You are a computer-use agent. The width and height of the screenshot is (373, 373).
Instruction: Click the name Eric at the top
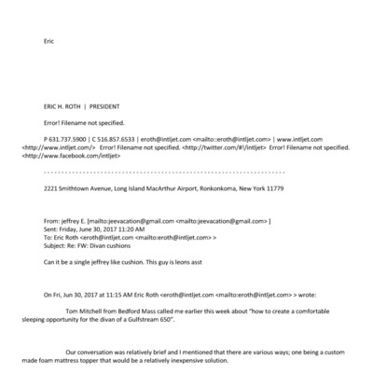click(50, 40)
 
